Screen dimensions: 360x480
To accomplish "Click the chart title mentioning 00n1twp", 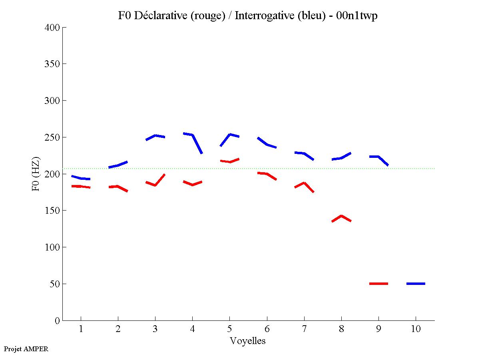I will point(248,16).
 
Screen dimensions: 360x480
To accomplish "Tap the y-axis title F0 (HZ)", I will point(36,174).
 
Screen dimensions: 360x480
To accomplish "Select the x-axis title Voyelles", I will point(248,341).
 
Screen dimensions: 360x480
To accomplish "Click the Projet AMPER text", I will point(26,349).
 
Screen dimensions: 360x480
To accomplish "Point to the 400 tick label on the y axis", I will point(52,28).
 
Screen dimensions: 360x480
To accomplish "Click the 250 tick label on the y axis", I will point(52,137).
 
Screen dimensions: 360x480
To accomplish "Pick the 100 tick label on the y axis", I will point(52,247).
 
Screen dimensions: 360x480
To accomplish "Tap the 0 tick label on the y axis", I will point(58,320).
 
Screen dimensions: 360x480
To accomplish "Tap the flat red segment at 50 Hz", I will point(378,284).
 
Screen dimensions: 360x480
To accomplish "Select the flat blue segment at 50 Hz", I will point(416,284).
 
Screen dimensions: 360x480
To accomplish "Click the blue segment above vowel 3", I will point(155,136).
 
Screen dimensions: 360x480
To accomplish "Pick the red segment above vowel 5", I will point(230,161).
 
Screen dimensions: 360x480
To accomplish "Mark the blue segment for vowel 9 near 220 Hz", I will point(378,157).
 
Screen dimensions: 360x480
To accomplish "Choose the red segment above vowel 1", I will point(81,187).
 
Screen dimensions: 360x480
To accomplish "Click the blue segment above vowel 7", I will point(304,153).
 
